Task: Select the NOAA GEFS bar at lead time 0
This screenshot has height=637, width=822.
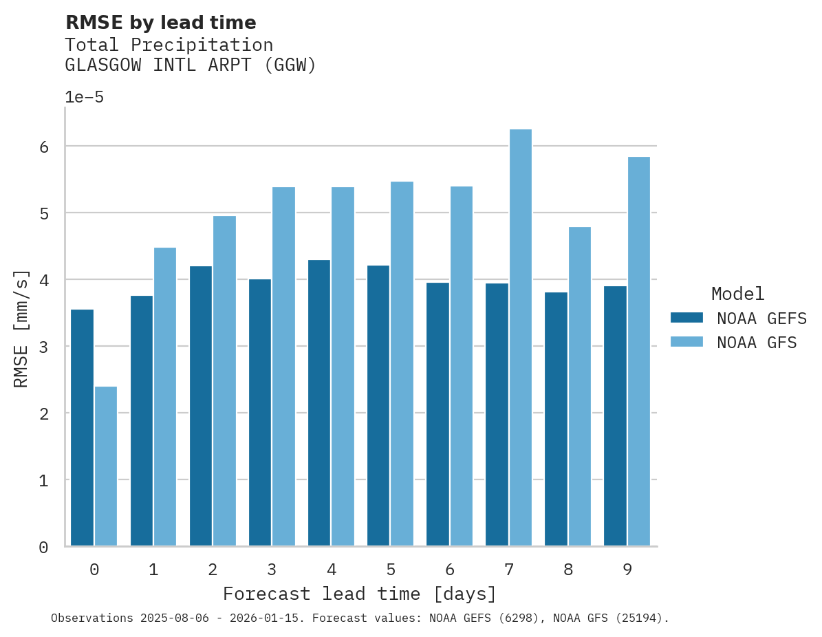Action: tap(82, 427)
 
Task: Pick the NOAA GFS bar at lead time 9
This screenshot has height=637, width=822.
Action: tap(638, 351)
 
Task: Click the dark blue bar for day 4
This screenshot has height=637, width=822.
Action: tap(319, 402)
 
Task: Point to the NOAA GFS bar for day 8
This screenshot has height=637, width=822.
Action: tap(579, 386)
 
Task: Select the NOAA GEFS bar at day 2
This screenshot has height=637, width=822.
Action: tap(201, 406)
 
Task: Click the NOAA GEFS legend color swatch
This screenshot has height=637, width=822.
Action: tap(686, 318)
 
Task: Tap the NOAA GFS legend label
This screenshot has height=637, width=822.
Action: tap(757, 343)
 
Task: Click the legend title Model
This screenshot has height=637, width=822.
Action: tap(737, 294)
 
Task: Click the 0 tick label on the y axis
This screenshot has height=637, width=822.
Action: tap(43, 548)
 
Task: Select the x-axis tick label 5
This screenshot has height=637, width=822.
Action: tap(390, 570)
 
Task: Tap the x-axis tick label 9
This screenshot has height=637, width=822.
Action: tap(627, 570)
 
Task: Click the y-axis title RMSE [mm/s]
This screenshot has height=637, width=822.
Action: tap(21, 328)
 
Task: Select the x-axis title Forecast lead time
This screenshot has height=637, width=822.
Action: tap(359, 594)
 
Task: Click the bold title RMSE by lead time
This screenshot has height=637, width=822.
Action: tap(160, 23)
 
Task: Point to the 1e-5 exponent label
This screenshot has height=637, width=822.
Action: tap(84, 98)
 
